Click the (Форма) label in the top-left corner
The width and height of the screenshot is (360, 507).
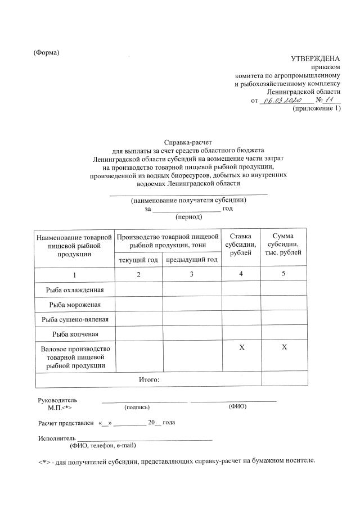[47, 53]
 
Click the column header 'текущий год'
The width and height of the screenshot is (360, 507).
[138, 259]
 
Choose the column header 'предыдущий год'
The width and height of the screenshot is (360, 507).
[191, 259]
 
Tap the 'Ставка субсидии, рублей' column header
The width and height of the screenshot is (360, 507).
[241, 245]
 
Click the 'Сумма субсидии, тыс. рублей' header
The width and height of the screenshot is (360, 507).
[283, 245]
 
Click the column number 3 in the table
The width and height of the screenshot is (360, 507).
[191, 274]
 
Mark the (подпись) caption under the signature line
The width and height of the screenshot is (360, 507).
[137, 406]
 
